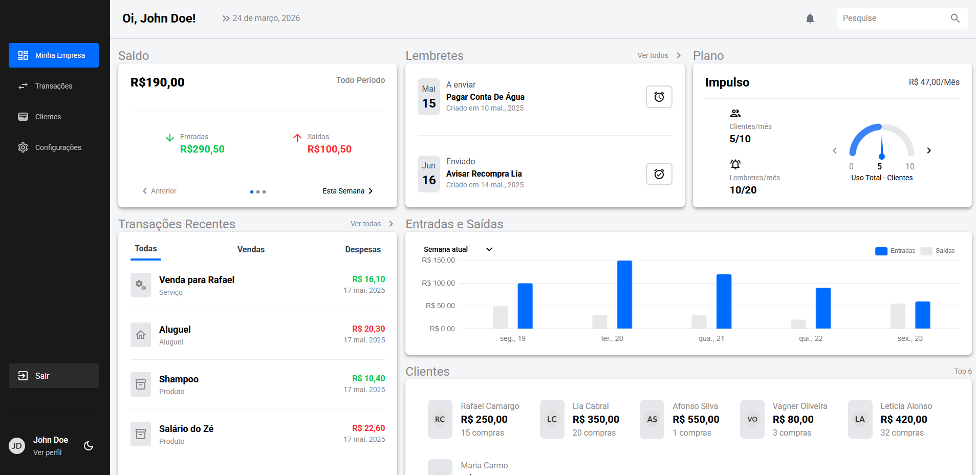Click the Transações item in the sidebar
point(53,86)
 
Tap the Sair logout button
point(53,376)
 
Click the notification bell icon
point(810,18)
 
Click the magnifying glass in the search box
point(955,18)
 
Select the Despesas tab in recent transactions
point(362,249)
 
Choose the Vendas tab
point(251,249)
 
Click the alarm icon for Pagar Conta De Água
point(659,97)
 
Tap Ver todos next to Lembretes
point(658,55)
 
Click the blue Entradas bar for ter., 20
point(624,294)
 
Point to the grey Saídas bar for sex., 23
point(898,316)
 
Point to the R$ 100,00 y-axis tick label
point(438,283)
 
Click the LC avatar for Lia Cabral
point(552,419)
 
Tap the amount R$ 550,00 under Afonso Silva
point(696,419)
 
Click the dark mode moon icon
point(89,446)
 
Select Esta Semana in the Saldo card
point(348,191)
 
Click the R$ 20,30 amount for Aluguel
point(368,329)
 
